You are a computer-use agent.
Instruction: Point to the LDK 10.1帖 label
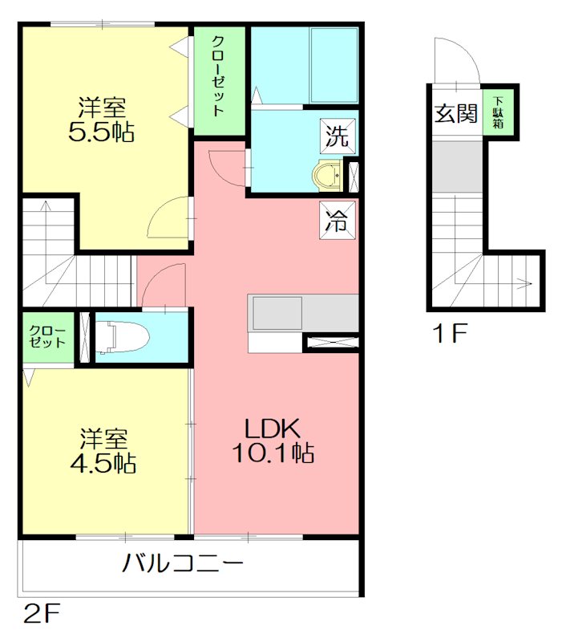point(273,440)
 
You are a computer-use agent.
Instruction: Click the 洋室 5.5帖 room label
point(102,119)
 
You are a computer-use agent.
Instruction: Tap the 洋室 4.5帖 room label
point(102,451)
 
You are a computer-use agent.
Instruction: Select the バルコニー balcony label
point(183,563)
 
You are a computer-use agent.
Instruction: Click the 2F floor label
point(42,616)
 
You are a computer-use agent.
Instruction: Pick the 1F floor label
point(449,332)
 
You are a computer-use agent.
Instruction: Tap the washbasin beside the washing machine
point(328,173)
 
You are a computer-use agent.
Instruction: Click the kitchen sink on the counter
point(277,312)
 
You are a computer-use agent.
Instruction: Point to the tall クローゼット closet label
point(217,76)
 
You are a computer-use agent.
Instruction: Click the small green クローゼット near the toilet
point(47,336)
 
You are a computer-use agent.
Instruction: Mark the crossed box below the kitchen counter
point(331,343)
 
